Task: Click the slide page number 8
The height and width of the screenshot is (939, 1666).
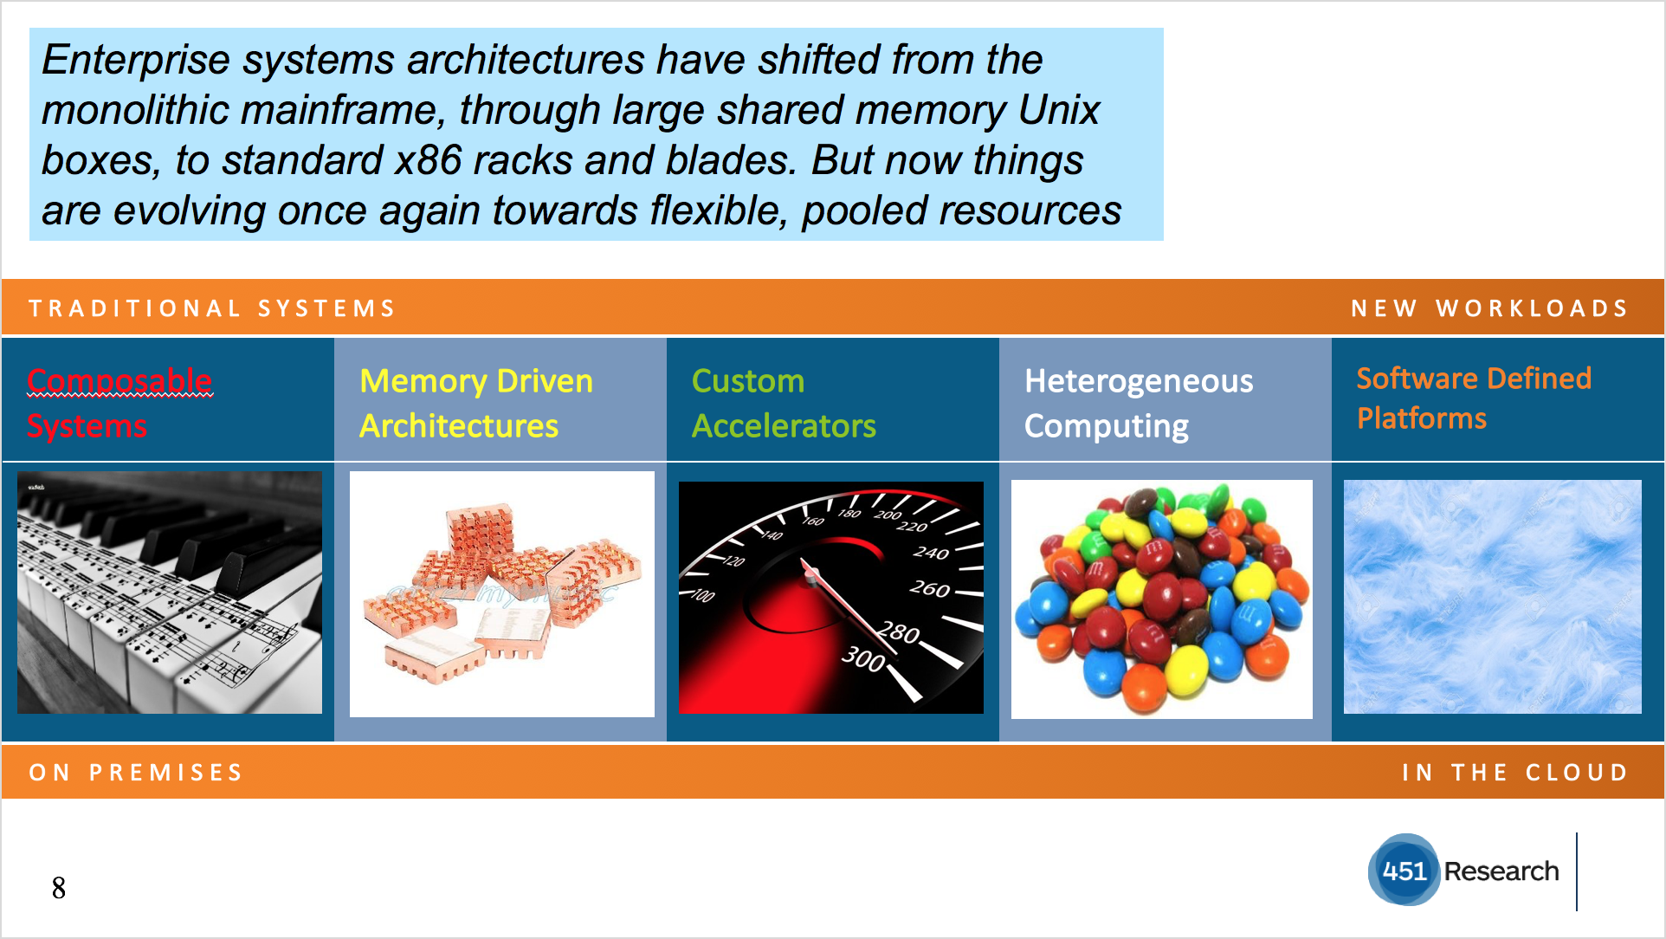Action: [x=59, y=888]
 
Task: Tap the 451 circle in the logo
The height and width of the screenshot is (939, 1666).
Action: [x=1404, y=870]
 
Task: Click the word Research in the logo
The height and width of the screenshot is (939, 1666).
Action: [x=1501, y=871]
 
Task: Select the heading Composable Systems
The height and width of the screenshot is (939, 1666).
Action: [x=119, y=403]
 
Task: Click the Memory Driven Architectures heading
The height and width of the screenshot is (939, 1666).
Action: [x=476, y=403]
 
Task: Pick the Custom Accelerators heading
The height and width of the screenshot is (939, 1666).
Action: [x=784, y=403]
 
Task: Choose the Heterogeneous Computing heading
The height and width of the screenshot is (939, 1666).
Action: [x=1139, y=404]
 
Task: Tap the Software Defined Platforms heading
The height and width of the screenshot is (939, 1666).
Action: [x=1474, y=398]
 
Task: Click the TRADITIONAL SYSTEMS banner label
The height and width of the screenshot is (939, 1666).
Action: [x=212, y=308]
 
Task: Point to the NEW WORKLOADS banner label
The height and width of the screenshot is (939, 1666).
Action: [x=1489, y=308]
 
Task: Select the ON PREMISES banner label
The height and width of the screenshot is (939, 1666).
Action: [x=136, y=772]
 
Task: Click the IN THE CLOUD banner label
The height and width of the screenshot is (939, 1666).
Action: [x=1515, y=772]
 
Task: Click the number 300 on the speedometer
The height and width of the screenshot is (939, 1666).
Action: [x=863, y=658]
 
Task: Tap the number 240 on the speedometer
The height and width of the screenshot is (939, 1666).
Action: [x=931, y=553]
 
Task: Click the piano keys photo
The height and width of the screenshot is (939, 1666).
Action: [x=170, y=593]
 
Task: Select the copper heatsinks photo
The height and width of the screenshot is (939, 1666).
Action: [x=502, y=594]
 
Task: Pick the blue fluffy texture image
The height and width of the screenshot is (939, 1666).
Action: [x=1493, y=597]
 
